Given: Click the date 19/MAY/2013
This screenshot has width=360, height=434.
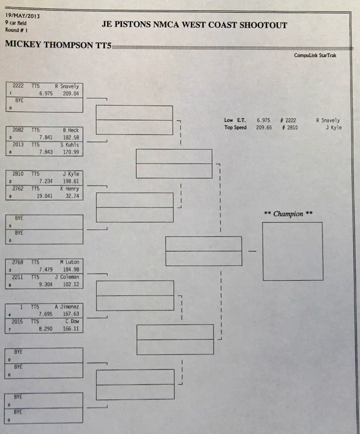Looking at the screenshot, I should click(x=22, y=15).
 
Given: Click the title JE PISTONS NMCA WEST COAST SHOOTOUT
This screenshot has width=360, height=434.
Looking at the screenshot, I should click(x=195, y=25).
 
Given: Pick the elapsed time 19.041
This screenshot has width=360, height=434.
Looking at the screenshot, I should click(x=45, y=196).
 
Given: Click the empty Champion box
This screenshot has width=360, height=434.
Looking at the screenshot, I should click(x=292, y=251).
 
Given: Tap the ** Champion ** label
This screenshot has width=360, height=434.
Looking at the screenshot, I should click(x=288, y=214).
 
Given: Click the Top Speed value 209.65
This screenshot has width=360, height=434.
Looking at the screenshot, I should click(x=263, y=128).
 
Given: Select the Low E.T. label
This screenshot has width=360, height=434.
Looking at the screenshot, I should click(x=235, y=120).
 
